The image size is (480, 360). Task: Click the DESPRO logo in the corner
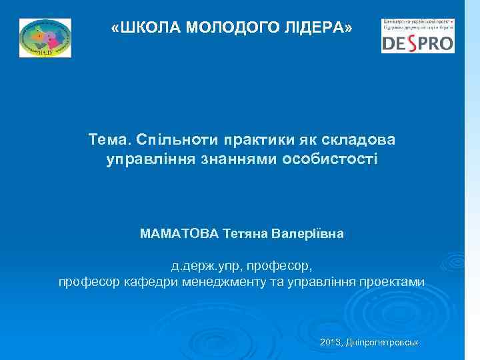click(x=417, y=36)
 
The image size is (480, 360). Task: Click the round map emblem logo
click(x=45, y=38)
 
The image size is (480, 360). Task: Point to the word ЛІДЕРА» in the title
click(x=319, y=27)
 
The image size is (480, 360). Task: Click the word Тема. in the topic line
click(x=109, y=139)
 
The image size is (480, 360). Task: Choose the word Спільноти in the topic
click(x=171, y=139)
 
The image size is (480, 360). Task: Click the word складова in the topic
click(x=354, y=139)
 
